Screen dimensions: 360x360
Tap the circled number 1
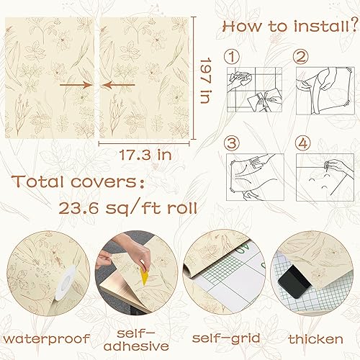(230, 55)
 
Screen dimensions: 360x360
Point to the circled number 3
(230, 143)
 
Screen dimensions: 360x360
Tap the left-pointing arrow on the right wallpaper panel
(114, 84)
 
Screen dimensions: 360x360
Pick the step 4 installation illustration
(325, 176)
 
